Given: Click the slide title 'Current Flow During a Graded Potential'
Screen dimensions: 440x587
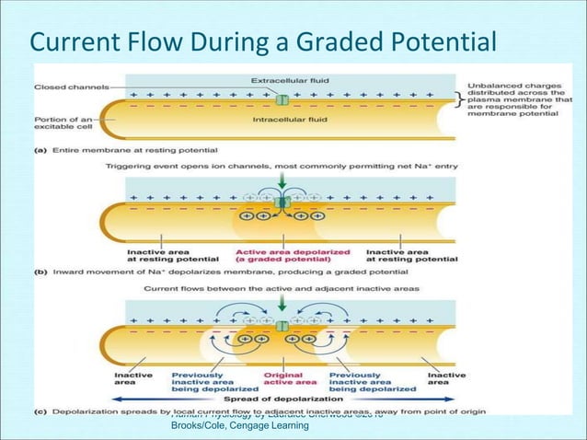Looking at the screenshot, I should pyautogui.click(x=263, y=41).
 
